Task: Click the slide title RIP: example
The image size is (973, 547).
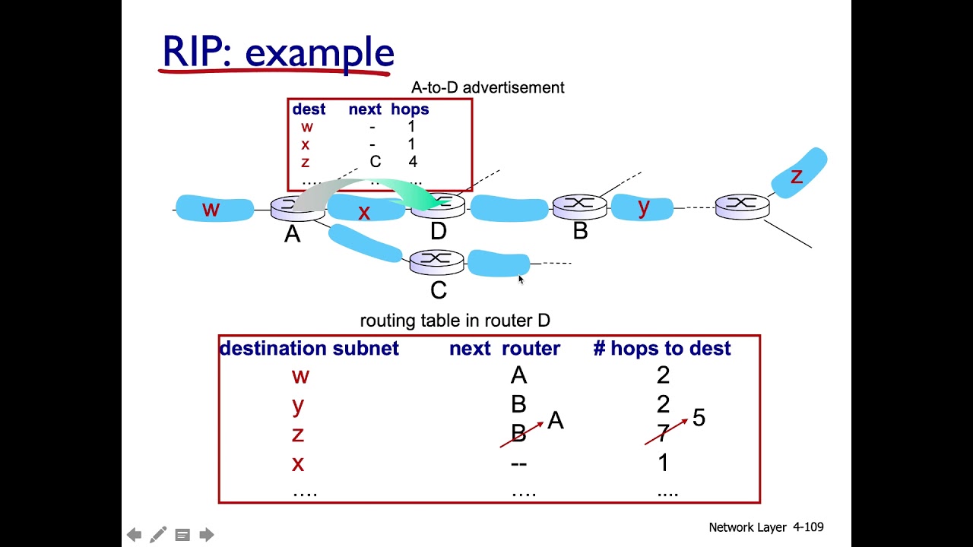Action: pos(278,52)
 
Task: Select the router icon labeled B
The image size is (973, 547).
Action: pos(579,206)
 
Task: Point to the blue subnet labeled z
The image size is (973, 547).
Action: pos(798,174)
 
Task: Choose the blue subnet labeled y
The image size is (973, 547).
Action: pos(642,207)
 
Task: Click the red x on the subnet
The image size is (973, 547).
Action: pos(364,213)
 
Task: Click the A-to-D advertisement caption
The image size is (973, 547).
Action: pos(487,87)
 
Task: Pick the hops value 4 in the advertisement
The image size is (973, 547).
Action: pos(412,162)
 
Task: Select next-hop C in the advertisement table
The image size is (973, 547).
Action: pos(375,162)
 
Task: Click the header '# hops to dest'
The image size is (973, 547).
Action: pos(661,349)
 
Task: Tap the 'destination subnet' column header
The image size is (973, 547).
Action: pos(309,349)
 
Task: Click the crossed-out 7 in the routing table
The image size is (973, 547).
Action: pos(662,434)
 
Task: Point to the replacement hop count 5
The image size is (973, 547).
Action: pos(699,417)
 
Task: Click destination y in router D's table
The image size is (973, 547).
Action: pos(298,405)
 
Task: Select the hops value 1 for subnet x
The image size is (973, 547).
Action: pos(663,463)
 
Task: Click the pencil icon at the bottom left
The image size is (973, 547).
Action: pos(158,535)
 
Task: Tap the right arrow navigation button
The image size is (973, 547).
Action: pos(207,535)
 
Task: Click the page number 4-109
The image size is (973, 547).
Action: pos(808,526)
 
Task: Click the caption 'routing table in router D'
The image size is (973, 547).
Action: pos(455,321)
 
